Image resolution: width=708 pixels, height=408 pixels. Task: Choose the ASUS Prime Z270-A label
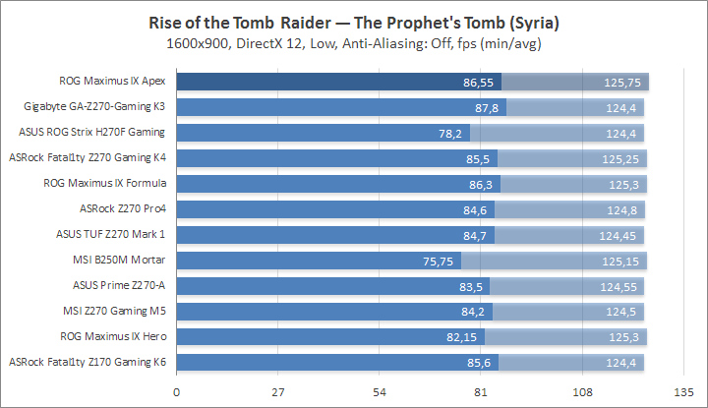click(119, 286)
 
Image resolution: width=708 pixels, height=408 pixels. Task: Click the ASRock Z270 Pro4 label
click(123, 209)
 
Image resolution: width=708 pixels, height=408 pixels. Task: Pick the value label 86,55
click(481, 82)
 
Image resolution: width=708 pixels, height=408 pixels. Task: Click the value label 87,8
click(489, 107)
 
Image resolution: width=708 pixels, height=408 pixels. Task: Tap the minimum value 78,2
click(453, 133)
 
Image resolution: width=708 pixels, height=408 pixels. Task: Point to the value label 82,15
click(464, 337)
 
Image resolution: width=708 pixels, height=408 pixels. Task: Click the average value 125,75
click(623, 82)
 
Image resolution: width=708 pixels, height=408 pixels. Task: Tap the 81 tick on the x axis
click(481, 391)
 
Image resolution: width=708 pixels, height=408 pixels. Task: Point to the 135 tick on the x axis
click(682, 391)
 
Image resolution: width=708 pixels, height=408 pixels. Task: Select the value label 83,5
click(473, 286)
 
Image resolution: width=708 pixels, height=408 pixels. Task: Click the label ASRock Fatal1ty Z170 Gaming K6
click(88, 363)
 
